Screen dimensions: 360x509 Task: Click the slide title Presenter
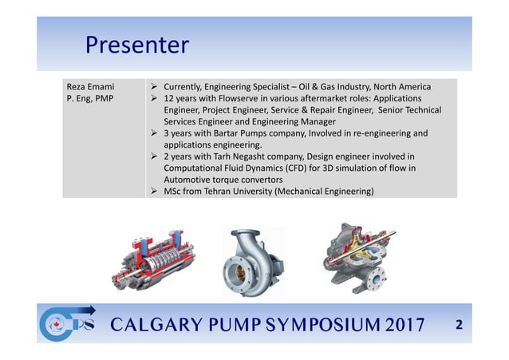(x=136, y=44)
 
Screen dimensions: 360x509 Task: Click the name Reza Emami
(x=91, y=86)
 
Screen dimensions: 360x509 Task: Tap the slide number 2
(x=458, y=326)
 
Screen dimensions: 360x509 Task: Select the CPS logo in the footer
(x=69, y=326)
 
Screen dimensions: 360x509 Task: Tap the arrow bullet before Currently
(x=153, y=86)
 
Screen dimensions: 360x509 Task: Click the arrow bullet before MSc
(x=153, y=192)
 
